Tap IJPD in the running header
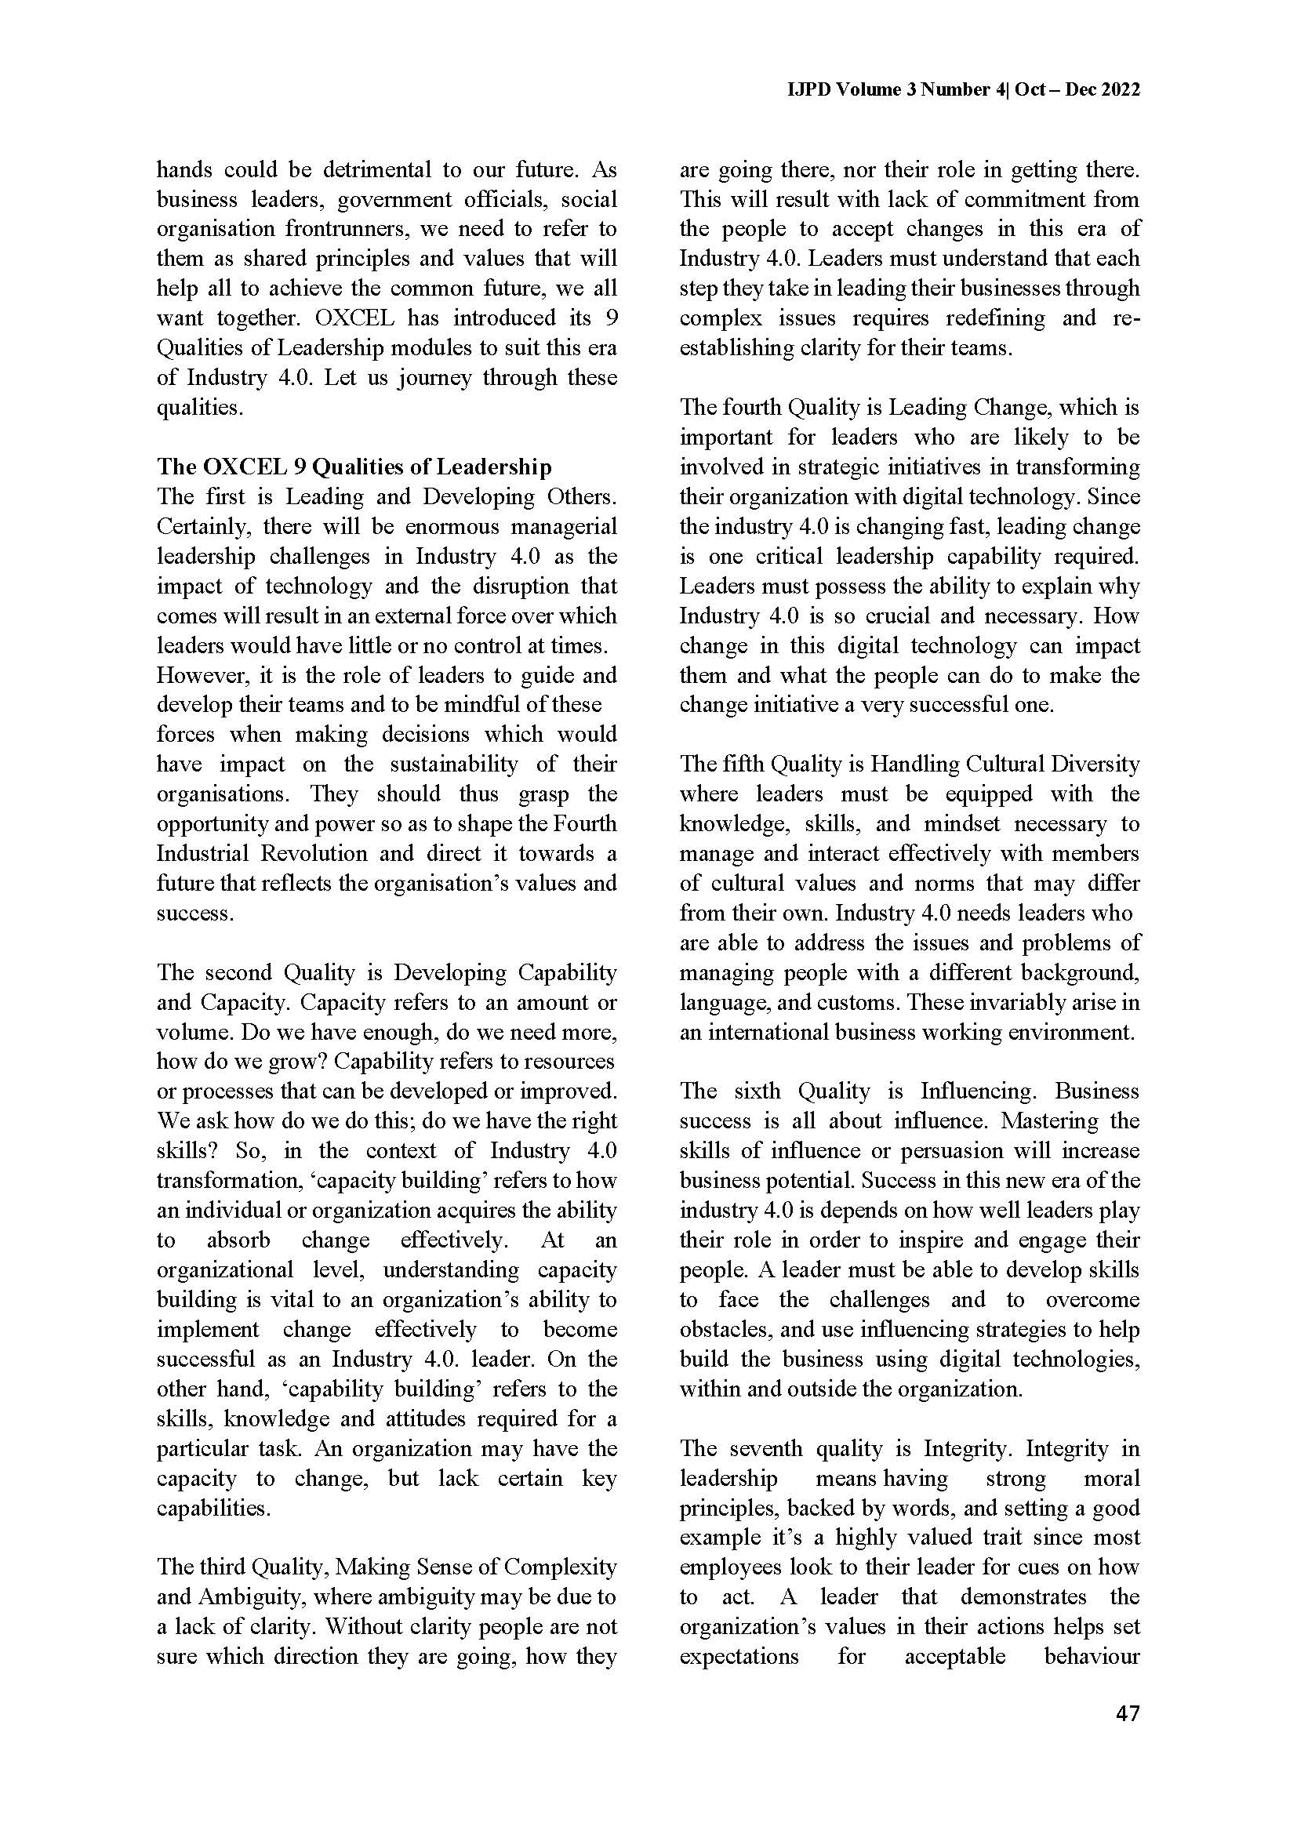pyautogui.click(x=811, y=89)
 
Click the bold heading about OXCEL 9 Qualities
pyautogui.click(x=354, y=467)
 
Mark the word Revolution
pyautogui.click(x=315, y=853)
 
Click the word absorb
pyautogui.click(x=238, y=1240)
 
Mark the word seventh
pyautogui.click(x=768, y=1449)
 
